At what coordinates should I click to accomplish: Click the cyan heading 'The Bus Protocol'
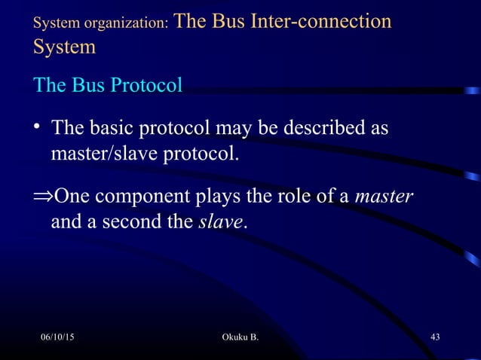pyautogui.click(x=108, y=85)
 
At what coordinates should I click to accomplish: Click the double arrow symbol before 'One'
pyautogui.click(x=44, y=198)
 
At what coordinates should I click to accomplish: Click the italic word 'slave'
pyautogui.click(x=221, y=224)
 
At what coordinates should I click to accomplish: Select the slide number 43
pyautogui.click(x=434, y=335)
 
